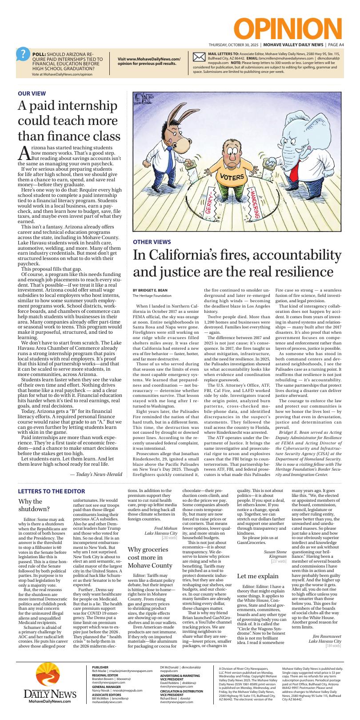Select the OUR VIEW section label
click(x=32, y=93)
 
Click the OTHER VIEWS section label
click(x=152, y=242)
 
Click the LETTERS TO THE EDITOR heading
click(x=51, y=491)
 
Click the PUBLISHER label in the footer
click(x=100, y=668)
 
